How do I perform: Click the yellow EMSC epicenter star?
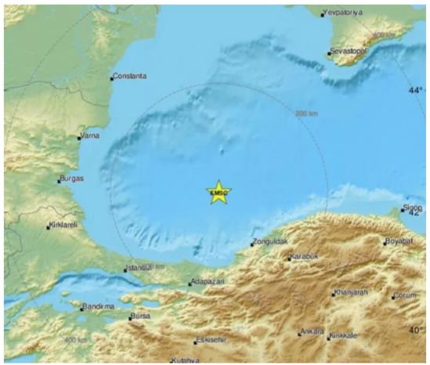[x=218, y=192]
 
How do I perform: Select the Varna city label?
[x=92, y=136]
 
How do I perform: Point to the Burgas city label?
[x=72, y=180]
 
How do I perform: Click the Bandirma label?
[x=99, y=306]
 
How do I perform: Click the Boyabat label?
[x=401, y=240]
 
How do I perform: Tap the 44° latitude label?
[x=415, y=90]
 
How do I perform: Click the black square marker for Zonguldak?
[x=252, y=244]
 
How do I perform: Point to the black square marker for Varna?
[x=79, y=138]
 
